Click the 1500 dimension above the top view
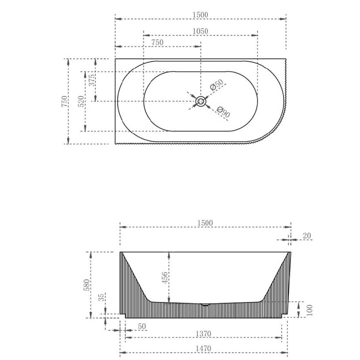point(200,15)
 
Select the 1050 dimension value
point(200,31)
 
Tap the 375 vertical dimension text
point(92,80)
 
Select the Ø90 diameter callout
point(223,112)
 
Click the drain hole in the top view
point(201,101)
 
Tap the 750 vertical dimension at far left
point(65,101)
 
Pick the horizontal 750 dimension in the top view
point(157,42)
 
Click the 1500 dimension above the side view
point(205,223)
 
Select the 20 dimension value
point(307,236)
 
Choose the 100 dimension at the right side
point(310,310)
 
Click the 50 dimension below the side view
point(142,327)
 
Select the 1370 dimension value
point(204,334)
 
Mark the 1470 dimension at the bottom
point(204,348)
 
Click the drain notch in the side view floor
point(205,304)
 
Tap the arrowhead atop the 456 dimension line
point(169,255)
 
